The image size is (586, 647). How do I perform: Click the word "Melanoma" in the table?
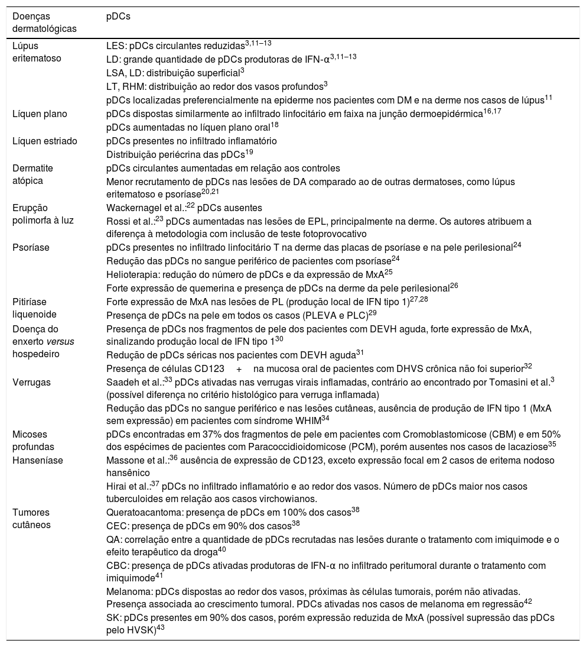[126, 591]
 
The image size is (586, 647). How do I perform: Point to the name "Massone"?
[124, 460]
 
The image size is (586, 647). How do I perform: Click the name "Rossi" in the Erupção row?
[118, 221]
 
